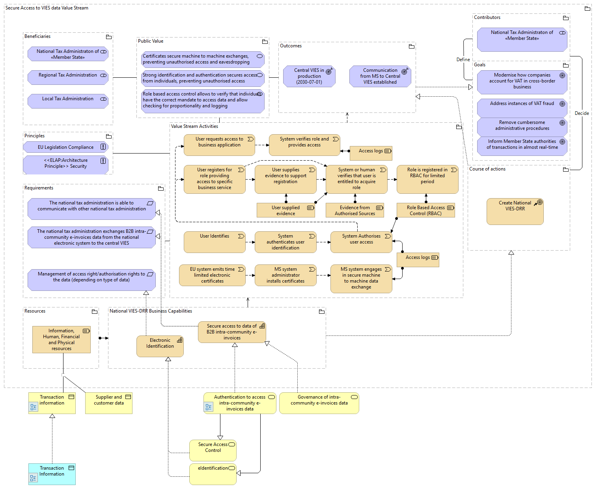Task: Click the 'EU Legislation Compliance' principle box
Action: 65,147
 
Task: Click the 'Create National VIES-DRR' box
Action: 515,211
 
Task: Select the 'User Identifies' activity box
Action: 215,242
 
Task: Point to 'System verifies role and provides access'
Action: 304,144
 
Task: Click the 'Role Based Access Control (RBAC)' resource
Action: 425,210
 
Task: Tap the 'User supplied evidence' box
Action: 285,210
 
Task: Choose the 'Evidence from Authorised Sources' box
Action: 355,210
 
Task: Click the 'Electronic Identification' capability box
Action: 160,346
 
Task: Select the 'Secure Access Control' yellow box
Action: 213,450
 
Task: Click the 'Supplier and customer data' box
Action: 109,403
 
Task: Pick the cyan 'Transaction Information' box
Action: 52,474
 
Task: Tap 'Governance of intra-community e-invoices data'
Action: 319,403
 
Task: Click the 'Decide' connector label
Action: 582,113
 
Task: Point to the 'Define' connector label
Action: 463,60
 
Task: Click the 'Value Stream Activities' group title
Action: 194,126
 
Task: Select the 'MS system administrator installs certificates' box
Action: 285,275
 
